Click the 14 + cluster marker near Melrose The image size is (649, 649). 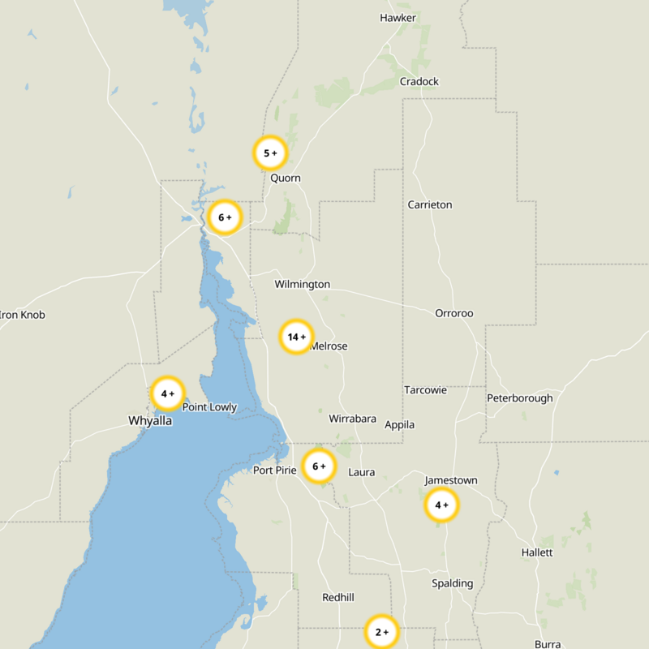point(296,337)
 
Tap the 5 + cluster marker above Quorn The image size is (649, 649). point(270,153)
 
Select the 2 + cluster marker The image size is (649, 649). point(381,631)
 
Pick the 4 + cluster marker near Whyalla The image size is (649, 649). point(168,393)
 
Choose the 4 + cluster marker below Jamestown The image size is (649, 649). point(441,505)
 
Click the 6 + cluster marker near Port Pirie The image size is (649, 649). point(319,466)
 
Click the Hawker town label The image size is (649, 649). point(398,18)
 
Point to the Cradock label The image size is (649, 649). point(419,81)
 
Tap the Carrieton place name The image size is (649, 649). point(430,204)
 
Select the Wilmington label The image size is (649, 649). point(302,284)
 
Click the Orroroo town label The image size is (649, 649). point(454,313)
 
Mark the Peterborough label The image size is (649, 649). point(519,398)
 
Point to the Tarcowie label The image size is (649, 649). point(425,390)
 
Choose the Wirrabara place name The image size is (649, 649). point(352,419)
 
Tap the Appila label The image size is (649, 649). point(400,425)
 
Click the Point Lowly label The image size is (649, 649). point(209,407)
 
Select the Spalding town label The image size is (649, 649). point(452,583)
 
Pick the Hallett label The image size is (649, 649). point(537,552)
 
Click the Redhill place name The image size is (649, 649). point(338,598)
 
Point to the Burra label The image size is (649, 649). point(548,644)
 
